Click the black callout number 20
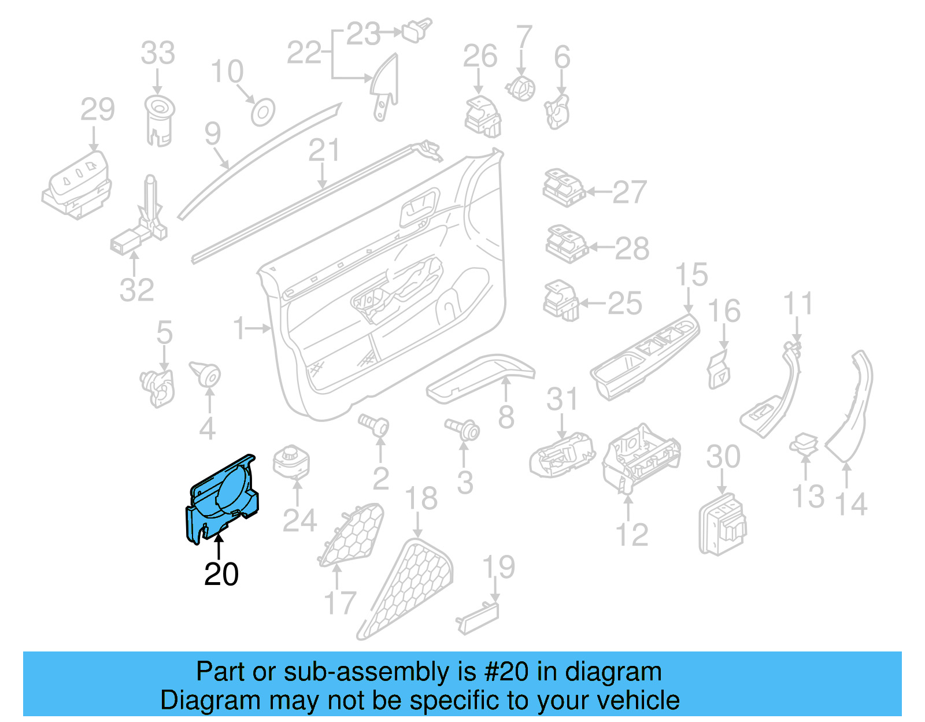coord(221,574)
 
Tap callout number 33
coord(158,53)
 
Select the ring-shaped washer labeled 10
coord(262,112)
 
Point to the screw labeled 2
coord(374,424)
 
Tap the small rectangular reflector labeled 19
coord(478,619)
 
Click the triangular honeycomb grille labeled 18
coord(408,587)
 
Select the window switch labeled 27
coord(563,187)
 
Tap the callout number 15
coord(691,275)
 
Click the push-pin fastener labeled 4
coord(205,373)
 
